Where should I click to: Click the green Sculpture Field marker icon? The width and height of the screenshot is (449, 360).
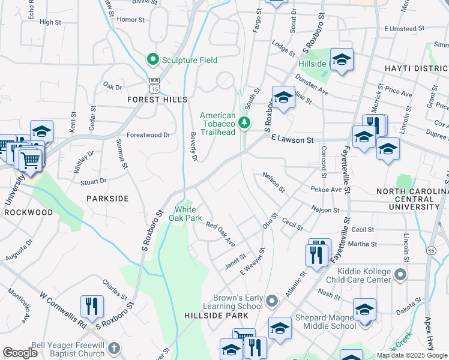coord(152,59)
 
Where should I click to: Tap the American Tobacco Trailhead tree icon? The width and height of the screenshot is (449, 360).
coord(244,123)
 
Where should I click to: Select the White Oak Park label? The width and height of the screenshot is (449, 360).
coord(188,214)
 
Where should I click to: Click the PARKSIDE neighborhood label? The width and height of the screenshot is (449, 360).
coord(107,198)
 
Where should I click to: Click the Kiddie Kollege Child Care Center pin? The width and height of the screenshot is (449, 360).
coord(401,275)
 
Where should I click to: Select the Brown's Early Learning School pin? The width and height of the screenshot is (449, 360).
coord(273,300)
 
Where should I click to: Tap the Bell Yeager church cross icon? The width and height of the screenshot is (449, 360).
coord(114,348)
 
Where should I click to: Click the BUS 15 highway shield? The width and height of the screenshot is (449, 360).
coord(155,85)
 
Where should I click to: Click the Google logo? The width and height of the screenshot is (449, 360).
coord(20,353)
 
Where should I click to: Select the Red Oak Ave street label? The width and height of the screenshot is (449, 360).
coord(220,233)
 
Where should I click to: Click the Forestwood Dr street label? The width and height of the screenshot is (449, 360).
coord(148,136)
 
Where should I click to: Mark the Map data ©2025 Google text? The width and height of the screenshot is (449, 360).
coord(412,355)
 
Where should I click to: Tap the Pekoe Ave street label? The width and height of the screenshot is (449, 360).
coord(326,190)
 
